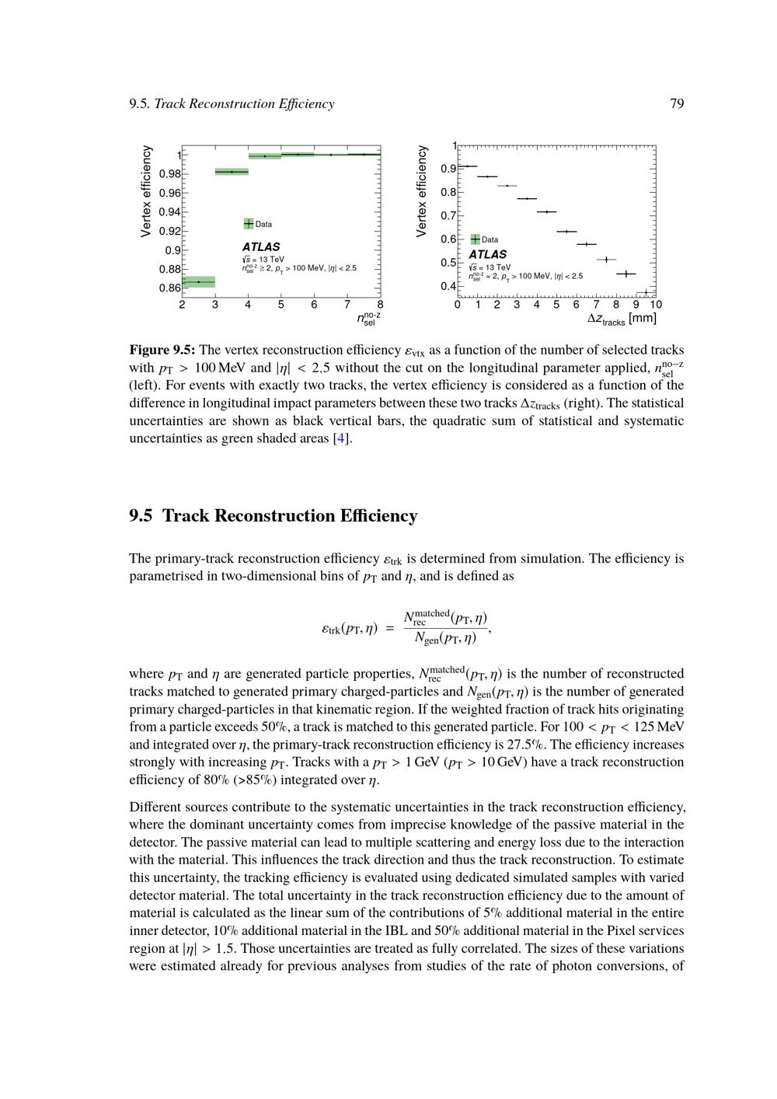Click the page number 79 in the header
point(676,104)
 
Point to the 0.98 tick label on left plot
point(169,173)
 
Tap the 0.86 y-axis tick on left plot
point(169,288)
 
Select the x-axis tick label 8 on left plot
point(380,305)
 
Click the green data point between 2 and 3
point(198,281)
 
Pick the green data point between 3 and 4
point(232,172)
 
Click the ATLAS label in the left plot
point(261,247)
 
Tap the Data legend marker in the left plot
point(249,224)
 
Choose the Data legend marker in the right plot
point(476,239)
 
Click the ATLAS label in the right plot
point(488,254)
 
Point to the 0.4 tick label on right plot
point(448,286)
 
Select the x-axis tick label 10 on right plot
point(656,305)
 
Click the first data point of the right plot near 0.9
point(467,166)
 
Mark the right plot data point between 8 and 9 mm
point(625,274)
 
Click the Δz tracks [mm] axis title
point(622,319)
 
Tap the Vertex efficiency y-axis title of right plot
point(422,191)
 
